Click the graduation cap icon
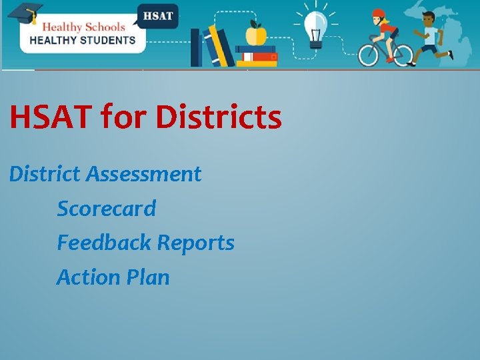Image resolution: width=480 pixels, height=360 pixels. [x=25, y=13]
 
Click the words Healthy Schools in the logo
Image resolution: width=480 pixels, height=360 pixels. [x=83, y=27]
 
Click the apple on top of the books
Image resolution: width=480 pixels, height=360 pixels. [x=256, y=33]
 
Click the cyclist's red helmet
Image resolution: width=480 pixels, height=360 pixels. [x=379, y=13]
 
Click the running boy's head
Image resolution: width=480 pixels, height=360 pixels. [x=428, y=19]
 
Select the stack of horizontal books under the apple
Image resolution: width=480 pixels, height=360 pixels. [x=255, y=56]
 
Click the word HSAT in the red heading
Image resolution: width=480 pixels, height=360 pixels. [x=51, y=117]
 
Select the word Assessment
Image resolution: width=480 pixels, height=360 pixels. [x=143, y=174]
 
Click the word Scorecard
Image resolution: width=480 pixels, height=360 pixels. [x=106, y=209]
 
